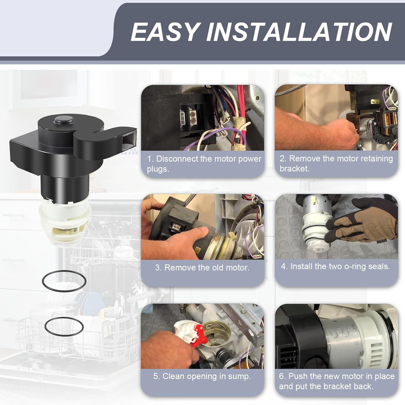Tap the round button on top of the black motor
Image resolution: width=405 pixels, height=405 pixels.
pos(64,120)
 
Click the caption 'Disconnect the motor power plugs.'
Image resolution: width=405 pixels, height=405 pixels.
pos(204,164)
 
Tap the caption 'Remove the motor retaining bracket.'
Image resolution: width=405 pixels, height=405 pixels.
pos(336,163)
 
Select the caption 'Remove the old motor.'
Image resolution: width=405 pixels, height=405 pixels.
pos(202,268)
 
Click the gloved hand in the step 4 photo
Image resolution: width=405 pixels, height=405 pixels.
pos(362,224)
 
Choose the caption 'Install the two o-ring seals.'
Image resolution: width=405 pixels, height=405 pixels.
pos(335,266)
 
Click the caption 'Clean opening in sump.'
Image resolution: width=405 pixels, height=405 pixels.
pos(202,376)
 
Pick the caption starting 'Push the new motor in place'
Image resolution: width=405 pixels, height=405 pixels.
pos(337,381)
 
